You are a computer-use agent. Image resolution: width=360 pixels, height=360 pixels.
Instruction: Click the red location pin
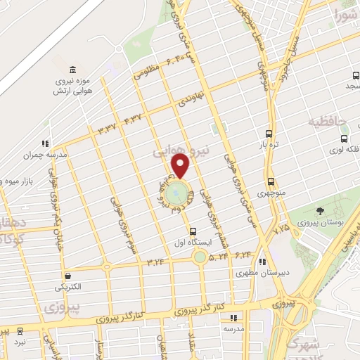coord(181,166)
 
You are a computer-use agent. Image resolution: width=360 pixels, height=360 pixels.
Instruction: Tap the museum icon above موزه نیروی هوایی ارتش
coord(73,70)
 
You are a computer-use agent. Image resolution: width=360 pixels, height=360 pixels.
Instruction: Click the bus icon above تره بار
coord(269,133)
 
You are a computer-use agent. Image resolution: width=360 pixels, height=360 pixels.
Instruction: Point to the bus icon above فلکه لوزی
coord(343,139)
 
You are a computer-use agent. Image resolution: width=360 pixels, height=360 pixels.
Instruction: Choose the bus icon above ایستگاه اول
coord(193,231)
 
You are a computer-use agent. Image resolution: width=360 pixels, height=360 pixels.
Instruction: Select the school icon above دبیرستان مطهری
coord(262,262)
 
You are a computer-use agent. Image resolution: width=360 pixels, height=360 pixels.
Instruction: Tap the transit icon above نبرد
coord(19,330)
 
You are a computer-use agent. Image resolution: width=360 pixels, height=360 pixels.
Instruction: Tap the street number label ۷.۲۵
coord(281,229)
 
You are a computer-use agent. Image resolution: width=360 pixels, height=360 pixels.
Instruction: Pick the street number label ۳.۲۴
coord(155,262)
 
